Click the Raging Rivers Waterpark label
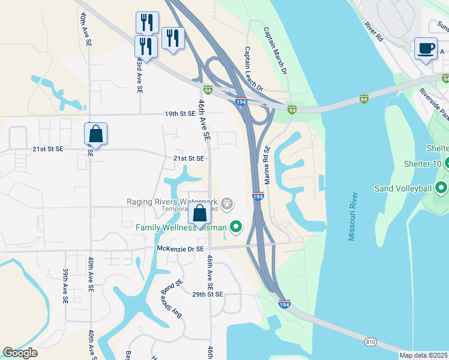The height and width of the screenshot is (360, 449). point(172,202)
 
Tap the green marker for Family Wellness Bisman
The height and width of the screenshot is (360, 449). point(236,227)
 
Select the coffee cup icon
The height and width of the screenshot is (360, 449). point(426,49)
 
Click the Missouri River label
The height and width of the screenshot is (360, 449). point(354,217)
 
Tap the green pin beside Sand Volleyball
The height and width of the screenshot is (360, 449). point(442,188)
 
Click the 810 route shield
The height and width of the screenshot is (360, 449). point(370,342)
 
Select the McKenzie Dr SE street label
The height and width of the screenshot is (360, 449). point(180,248)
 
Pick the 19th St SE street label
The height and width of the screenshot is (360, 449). point(181,113)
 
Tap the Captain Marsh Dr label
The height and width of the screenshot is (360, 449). point(276,52)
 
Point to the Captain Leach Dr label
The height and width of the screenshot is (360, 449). point(253,70)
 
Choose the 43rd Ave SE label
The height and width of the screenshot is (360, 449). point(139,74)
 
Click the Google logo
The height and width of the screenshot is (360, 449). point(20,353)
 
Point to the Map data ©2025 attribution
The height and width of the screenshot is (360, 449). point(423,355)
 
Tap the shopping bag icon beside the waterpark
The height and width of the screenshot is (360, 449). point(199,213)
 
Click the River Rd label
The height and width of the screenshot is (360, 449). point(373,32)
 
